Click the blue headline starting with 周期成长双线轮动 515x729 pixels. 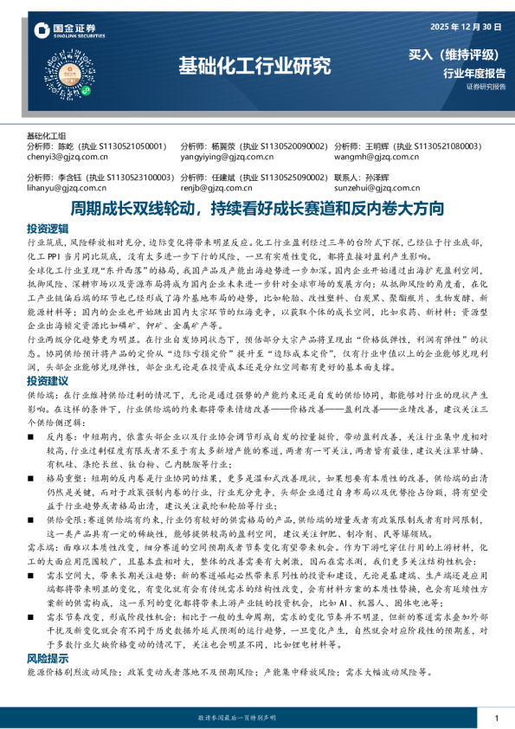(x=257, y=209)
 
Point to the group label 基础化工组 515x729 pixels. (x=47, y=136)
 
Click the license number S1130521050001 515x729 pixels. (x=128, y=147)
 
